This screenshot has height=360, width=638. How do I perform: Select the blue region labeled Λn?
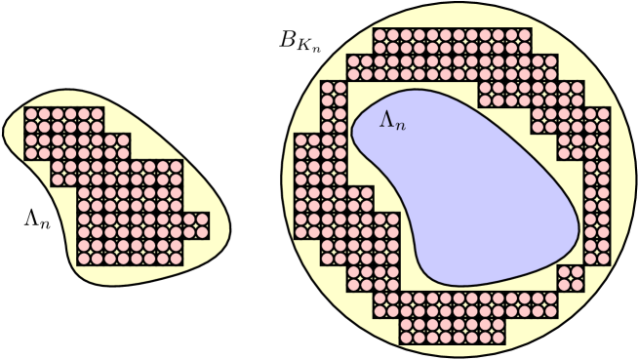[x=468, y=185]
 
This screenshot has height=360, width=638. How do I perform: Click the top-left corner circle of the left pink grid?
[x=30, y=114]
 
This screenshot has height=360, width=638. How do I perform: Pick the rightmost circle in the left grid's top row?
[x=97, y=114]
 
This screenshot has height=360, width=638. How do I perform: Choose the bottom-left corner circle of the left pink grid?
[x=83, y=260]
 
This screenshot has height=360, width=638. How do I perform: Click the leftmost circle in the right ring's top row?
[x=381, y=35]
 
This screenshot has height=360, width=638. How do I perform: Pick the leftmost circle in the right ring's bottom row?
[x=407, y=339]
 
